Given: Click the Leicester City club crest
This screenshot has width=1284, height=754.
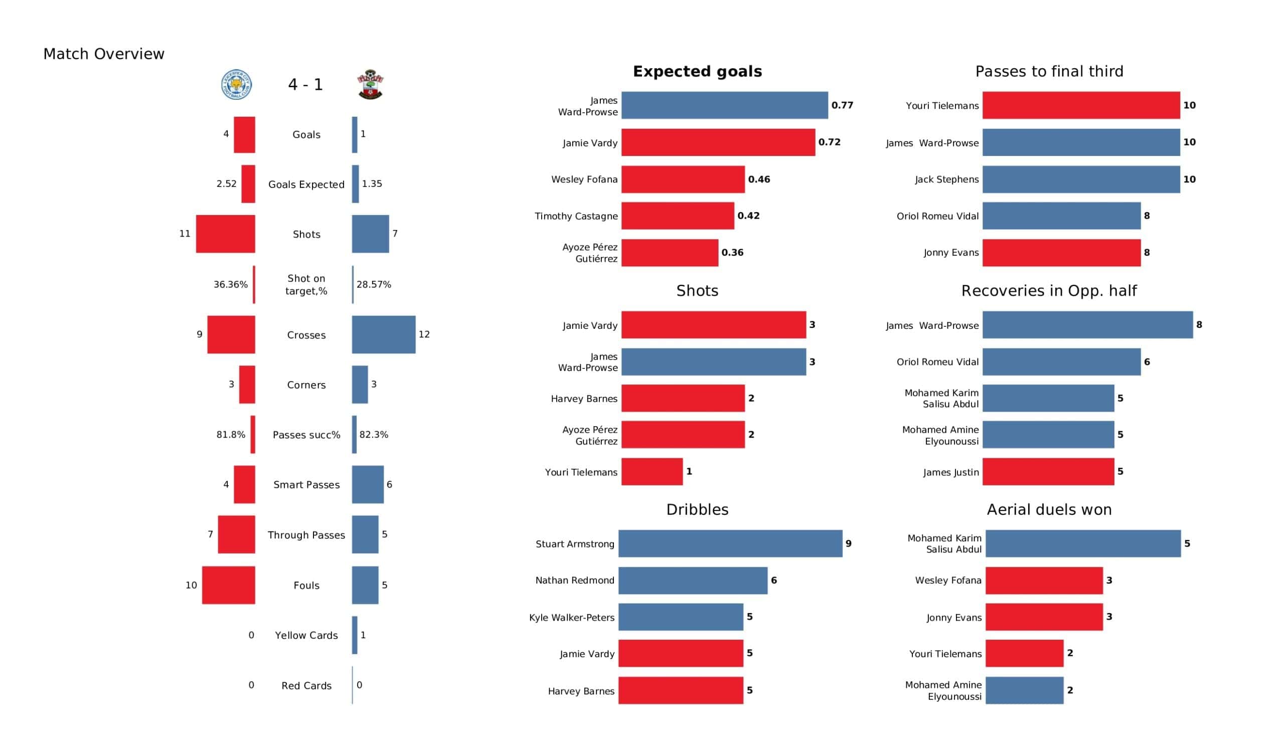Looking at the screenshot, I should tap(236, 85).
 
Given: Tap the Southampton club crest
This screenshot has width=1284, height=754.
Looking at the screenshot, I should tap(371, 85).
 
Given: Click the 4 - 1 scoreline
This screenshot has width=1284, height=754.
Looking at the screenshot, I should tap(305, 85).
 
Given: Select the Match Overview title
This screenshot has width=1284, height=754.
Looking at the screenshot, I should tap(104, 54).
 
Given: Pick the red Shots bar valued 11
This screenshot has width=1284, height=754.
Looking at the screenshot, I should tap(225, 234).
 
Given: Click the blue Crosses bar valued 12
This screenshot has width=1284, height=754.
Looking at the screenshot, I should tap(384, 335).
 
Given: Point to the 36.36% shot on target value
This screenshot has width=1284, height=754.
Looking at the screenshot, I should tap(230, 284).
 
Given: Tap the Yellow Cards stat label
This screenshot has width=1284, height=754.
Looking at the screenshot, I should tap(306, 635).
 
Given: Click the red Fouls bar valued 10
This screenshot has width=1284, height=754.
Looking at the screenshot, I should tap(228, 586).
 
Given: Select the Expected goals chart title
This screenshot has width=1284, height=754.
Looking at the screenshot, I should tap(697, 71).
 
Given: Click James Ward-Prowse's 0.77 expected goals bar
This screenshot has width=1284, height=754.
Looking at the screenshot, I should tap(724, 105).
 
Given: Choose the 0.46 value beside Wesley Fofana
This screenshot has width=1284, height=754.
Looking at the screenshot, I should tap(759, 179).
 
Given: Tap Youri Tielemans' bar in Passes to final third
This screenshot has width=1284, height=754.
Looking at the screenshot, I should tap(1081, 105).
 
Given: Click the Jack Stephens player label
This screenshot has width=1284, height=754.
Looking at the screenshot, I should tap(946, 179).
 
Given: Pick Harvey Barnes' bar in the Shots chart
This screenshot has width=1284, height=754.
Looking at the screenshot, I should tap(683, 399).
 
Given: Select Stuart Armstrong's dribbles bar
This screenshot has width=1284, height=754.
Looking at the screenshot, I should tap(730, 543).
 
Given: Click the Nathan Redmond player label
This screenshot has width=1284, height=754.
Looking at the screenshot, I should tap(575, 580).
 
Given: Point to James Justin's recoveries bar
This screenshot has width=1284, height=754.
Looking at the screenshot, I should tap(1048, 472).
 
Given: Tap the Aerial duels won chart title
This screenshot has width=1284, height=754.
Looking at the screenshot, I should tap(1049, 509).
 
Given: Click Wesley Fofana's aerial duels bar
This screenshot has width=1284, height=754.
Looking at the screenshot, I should tap(1044, 580).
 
